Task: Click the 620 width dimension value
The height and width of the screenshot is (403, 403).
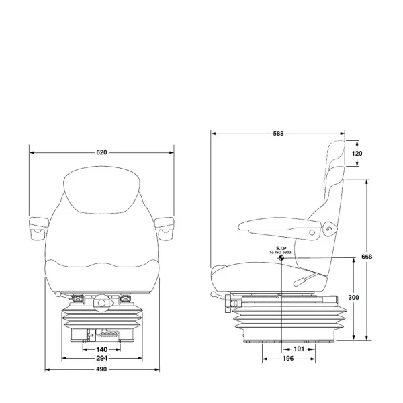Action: point(101,152)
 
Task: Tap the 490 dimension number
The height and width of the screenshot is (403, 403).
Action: point(101,369)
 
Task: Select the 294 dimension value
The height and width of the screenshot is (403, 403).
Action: point(102,358)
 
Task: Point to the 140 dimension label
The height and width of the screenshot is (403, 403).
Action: point(102,349)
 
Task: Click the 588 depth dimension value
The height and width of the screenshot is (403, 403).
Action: point(278,134)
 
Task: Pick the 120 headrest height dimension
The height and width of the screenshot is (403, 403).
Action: point(357,154)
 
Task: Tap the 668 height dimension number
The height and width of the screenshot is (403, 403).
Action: point(367,257)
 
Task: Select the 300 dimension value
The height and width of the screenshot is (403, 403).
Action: point(353,298)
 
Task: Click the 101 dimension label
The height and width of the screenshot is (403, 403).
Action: point(299,349)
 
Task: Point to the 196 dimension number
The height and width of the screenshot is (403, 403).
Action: point(288,359)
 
